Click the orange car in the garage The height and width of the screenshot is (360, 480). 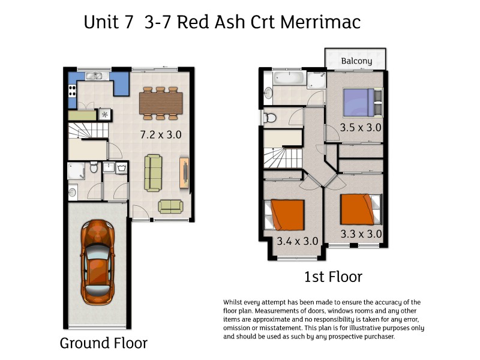pos(97,263)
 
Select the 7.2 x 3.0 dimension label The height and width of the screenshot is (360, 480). pos(160,135)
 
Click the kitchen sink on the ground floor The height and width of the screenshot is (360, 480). pos(94,76)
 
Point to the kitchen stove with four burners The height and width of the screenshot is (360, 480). pos(73,91)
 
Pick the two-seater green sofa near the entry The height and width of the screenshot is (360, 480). pos(170,206)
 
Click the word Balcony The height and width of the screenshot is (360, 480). pos(356,61)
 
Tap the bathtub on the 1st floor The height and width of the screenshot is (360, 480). pos(288,79)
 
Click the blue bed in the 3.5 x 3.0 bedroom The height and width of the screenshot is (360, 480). pos(358,101)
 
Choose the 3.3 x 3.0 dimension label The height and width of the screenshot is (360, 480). pos(361,233)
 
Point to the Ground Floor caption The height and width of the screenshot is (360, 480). pos(103,344)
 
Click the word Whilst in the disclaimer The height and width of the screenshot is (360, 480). pos(234,302)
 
